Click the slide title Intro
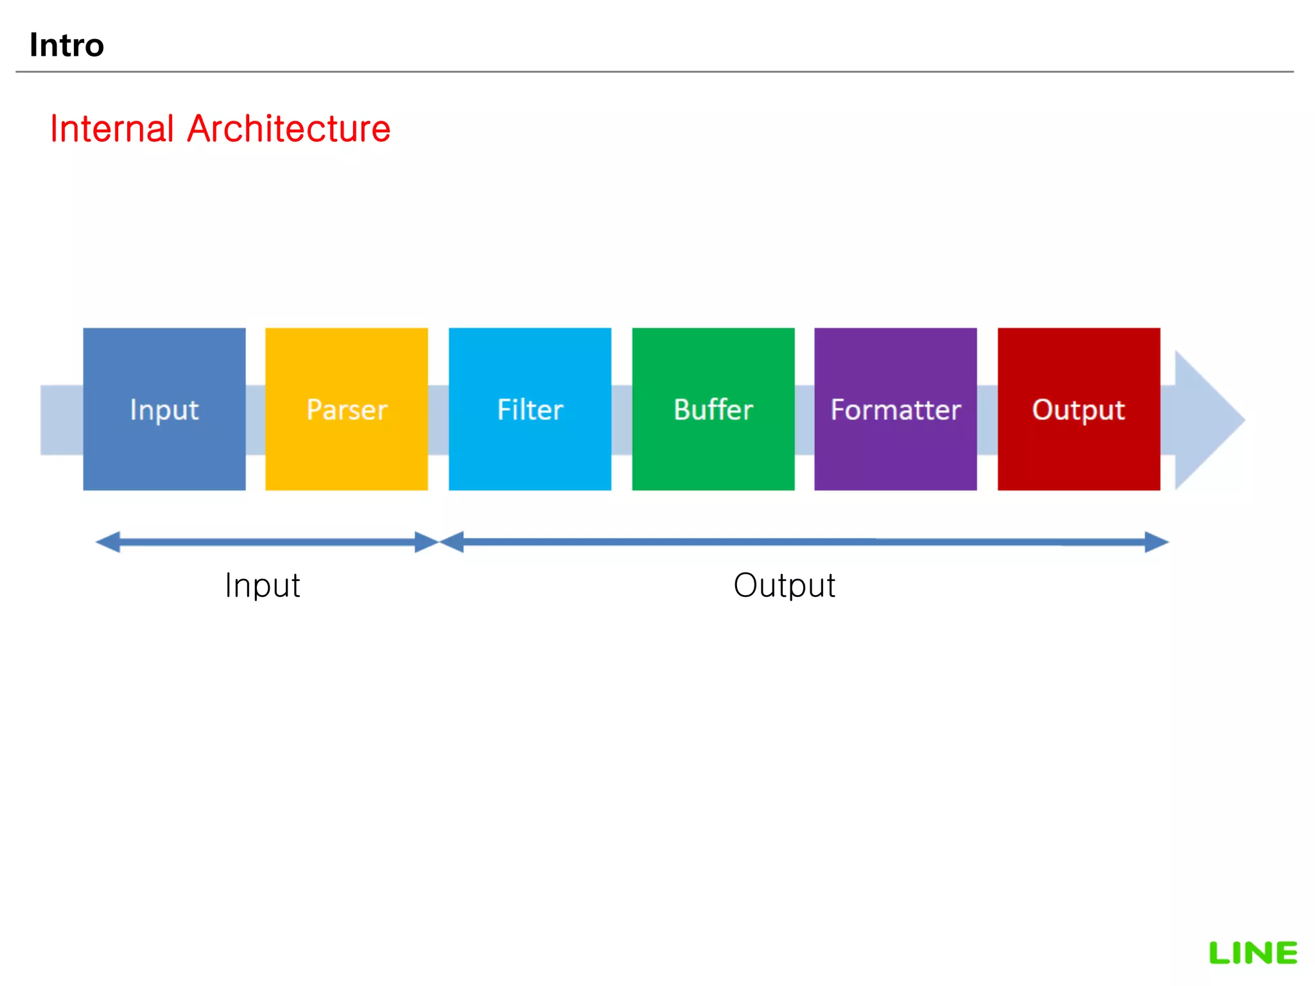coord(67,45)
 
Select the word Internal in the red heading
coord(112,128)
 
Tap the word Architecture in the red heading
coord(289,128)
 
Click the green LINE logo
coord(1253,953)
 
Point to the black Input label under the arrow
coord(263,585)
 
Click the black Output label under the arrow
coord(784,585)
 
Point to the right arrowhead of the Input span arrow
coord(426,542)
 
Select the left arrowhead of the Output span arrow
coord(452,542)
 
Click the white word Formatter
coord(895,410)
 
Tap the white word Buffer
coord(713,410)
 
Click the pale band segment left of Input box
coord(62,420)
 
